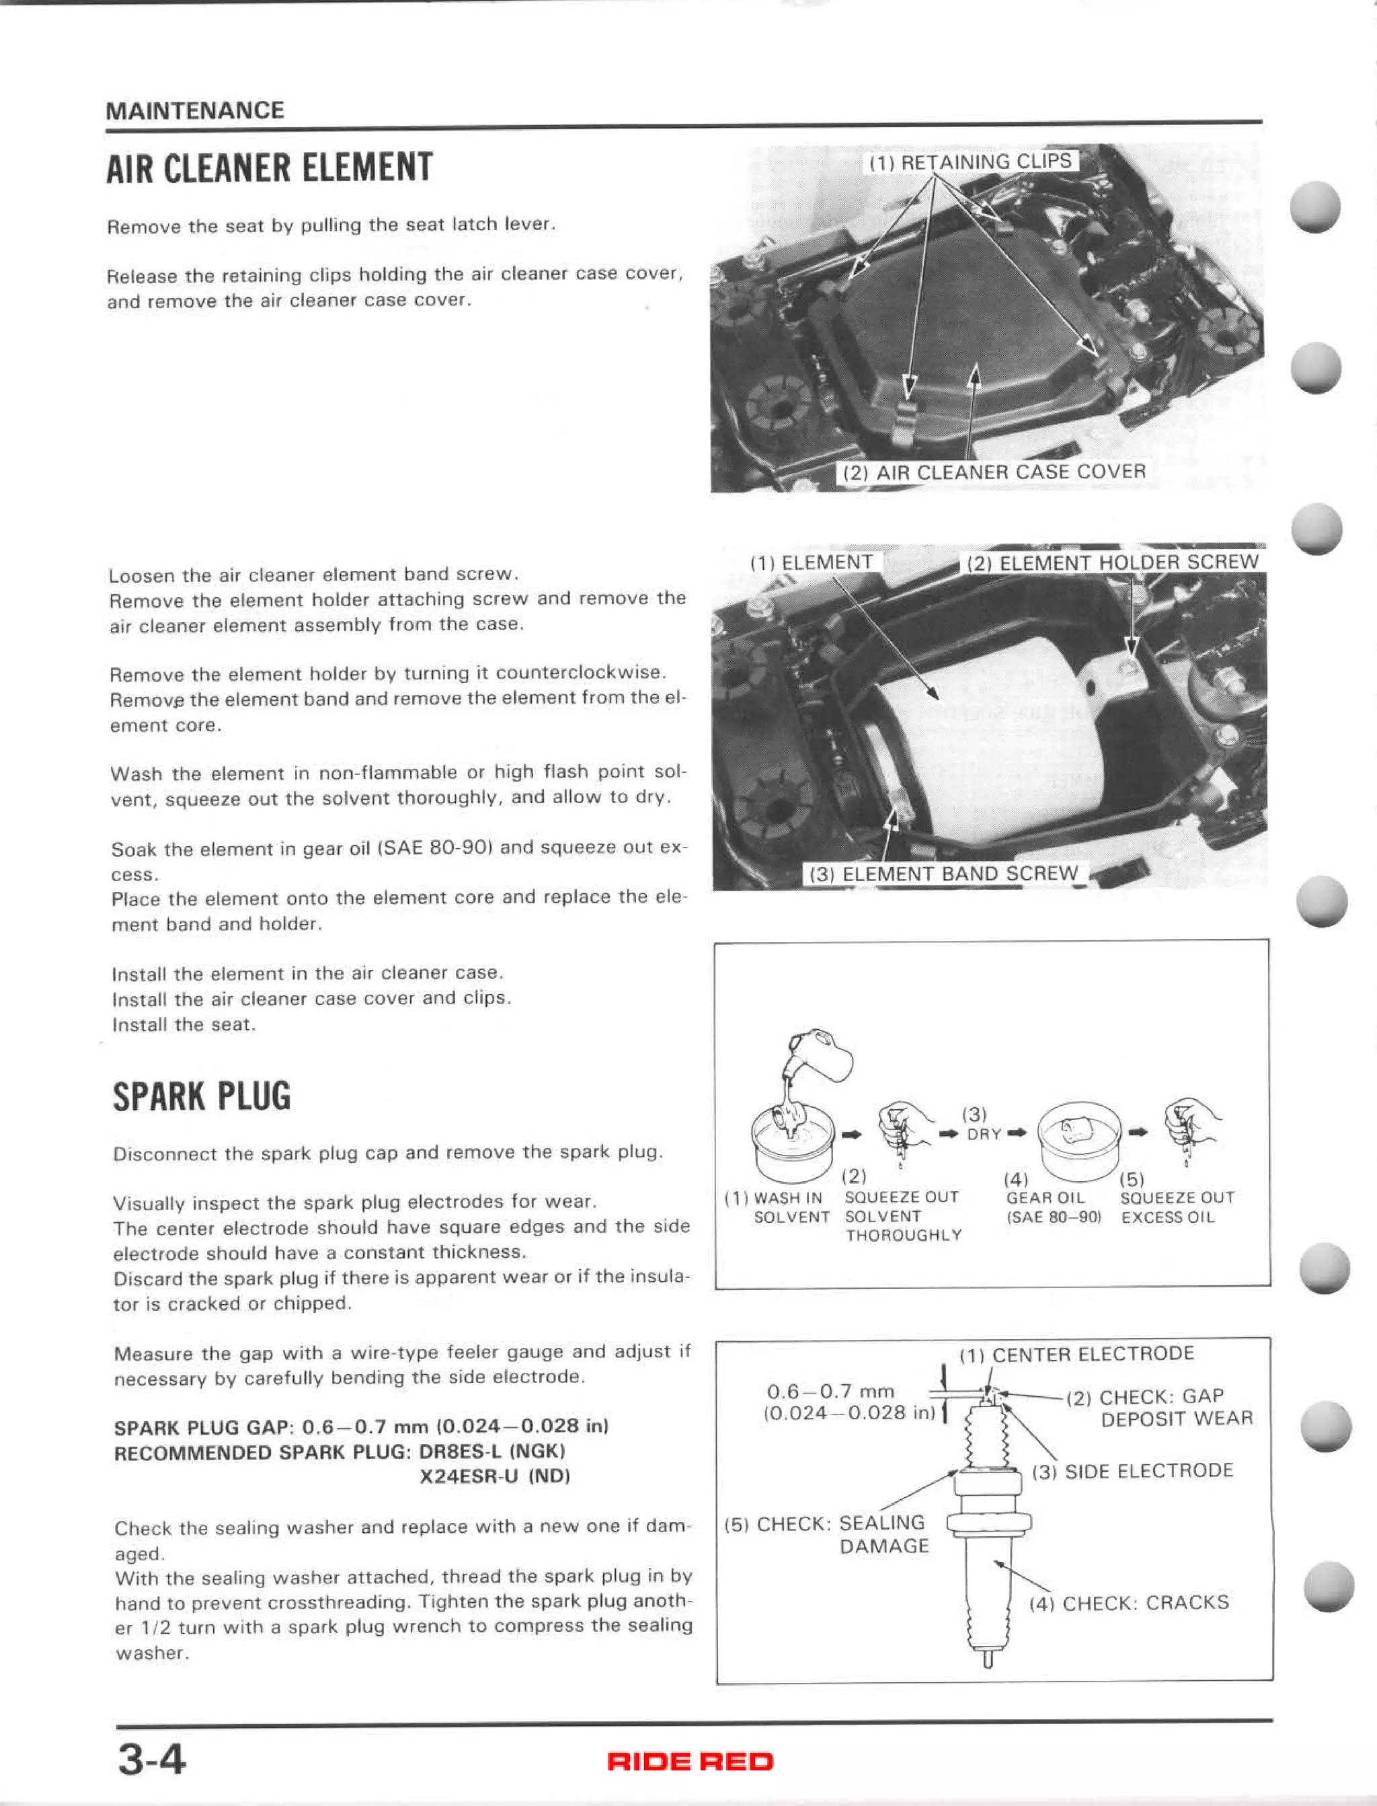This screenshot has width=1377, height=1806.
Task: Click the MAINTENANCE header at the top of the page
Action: click(195, 111)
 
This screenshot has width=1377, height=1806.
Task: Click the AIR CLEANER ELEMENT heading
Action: click(269, 168)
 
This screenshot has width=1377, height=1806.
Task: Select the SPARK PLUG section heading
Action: click(202, 1097)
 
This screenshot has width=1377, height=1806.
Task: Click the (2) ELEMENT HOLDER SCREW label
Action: click(1112, 562)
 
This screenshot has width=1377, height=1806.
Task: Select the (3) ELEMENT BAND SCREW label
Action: click(943, 874)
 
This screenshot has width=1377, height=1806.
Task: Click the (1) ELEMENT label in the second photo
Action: click(812, 562)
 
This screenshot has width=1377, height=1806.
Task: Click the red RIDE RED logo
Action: click(689, 1761)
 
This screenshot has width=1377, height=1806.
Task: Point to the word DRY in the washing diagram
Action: click(984, 1134)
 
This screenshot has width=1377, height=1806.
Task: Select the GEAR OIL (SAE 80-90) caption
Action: click(1052, 1207)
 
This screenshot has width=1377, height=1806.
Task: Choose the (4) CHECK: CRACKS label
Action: click(1129, 1603)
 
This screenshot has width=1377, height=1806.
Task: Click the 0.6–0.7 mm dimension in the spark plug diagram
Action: click(830, 1391)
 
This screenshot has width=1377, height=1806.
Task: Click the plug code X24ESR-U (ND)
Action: click(494, 1476)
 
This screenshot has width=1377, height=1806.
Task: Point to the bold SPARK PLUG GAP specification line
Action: click(360, 1427)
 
